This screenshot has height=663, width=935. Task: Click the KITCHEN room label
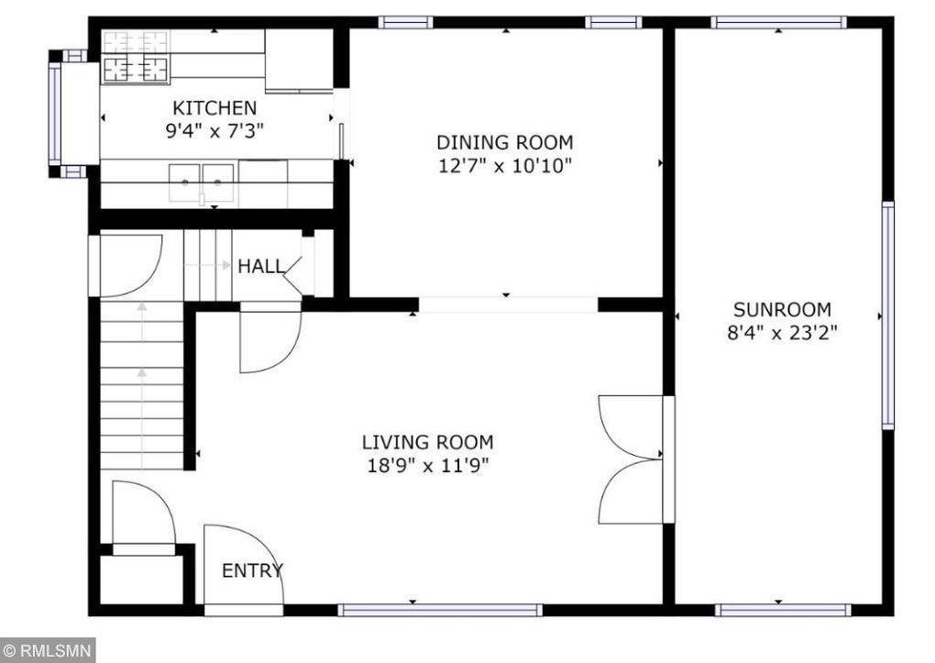pyautogui.click(x=214, y=108)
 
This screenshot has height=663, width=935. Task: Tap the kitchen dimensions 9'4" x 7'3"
pyautogui.click(x=214, y=131)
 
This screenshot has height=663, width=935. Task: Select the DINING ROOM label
pyautogui.click(x=505, y=143)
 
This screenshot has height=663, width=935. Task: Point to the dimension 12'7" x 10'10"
pyautogui.click(x=505, y=165)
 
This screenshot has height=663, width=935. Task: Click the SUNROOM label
pyautogui.click(x=782, y=310)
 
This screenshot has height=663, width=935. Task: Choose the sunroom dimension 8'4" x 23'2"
pyautogui.click(x=782, y=332)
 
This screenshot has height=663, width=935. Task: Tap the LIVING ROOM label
pyautogui.click(x=427, y=442)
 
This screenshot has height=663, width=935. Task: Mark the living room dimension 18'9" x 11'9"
pyautogui.click(x=427, y=465)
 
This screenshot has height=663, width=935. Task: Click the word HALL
pyautogui.click(x=261, y=266)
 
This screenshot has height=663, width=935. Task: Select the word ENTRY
pyautogui.click(x=252, y=571)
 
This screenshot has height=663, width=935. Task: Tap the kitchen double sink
pyautogui.click(x=202, y=182)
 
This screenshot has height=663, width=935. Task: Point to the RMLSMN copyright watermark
pyautogui.click(x=48, y=650)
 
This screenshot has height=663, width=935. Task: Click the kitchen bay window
pyautogui.click(x=55, y=114)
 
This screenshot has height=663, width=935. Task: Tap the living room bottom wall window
pyautogui.click(x=440, y=610)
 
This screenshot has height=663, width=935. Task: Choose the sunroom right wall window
pyautogui.click(x=888, y=315)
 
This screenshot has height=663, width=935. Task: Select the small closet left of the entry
pyautogui.click(x=142, y=580)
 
